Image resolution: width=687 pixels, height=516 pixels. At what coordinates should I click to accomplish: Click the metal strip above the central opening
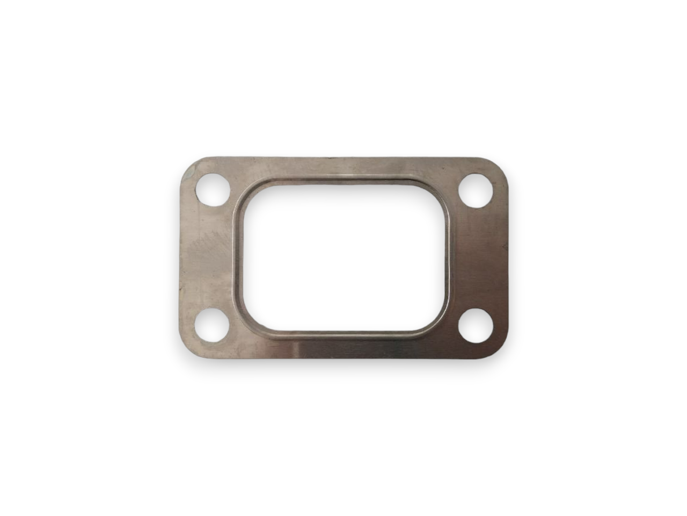(343, 170)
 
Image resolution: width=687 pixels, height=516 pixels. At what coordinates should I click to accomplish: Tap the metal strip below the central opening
(343, 347)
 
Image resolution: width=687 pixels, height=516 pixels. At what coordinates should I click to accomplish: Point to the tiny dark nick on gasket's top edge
(330, 159)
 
